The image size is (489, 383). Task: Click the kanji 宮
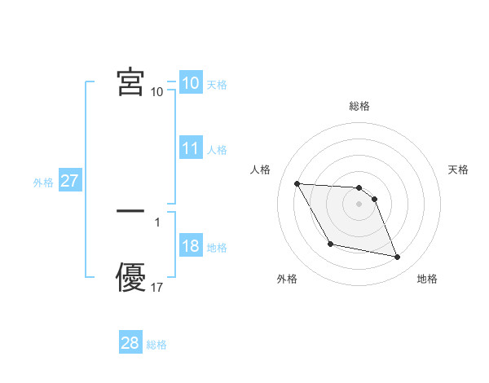pos(130,81)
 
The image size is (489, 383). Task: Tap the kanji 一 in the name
pos(130,211)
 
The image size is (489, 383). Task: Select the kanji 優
pos(130,278)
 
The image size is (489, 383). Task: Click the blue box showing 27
pos(69,181)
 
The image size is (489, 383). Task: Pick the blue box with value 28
pos(130,343)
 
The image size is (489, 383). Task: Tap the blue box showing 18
pos(191,246)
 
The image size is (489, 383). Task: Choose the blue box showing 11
pos(191,148)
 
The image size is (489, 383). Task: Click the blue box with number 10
pos(191,83)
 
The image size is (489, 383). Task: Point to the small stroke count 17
pos(157,288)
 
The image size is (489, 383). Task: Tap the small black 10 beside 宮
pos(157,92)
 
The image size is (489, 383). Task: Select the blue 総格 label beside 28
pos(156,345)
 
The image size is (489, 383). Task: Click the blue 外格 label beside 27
pos(43,183)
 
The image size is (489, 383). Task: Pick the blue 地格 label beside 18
pos(217,248)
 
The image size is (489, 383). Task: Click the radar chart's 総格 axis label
pos(359,106)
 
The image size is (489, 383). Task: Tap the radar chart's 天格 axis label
pos(459,169)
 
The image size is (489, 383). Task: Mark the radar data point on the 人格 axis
pos(297,183)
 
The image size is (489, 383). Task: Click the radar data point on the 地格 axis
pos(398,258)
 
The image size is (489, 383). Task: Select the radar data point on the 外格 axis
pos(330,244)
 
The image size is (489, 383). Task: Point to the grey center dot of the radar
pos(359,204)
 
